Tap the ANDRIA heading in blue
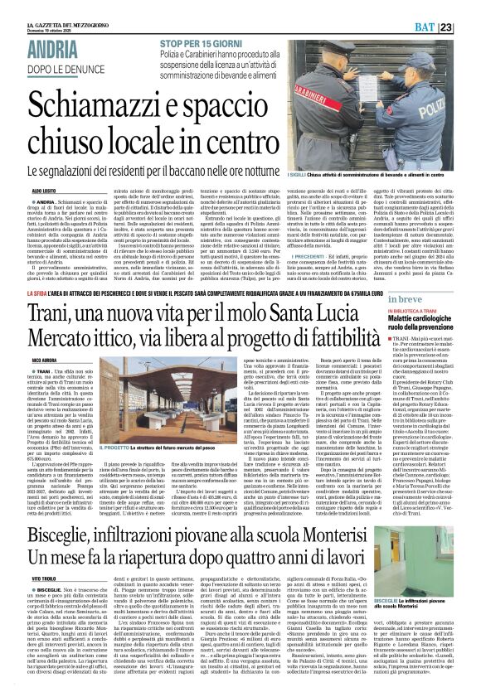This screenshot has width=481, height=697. pyautogui.click(x=58, y=47)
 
